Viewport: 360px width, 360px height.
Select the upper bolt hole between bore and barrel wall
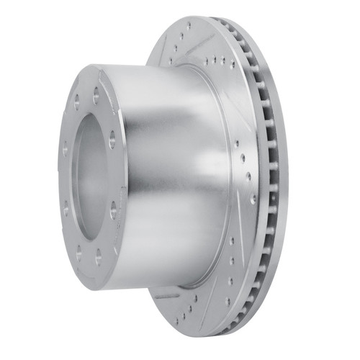click(x=112, y=142)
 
